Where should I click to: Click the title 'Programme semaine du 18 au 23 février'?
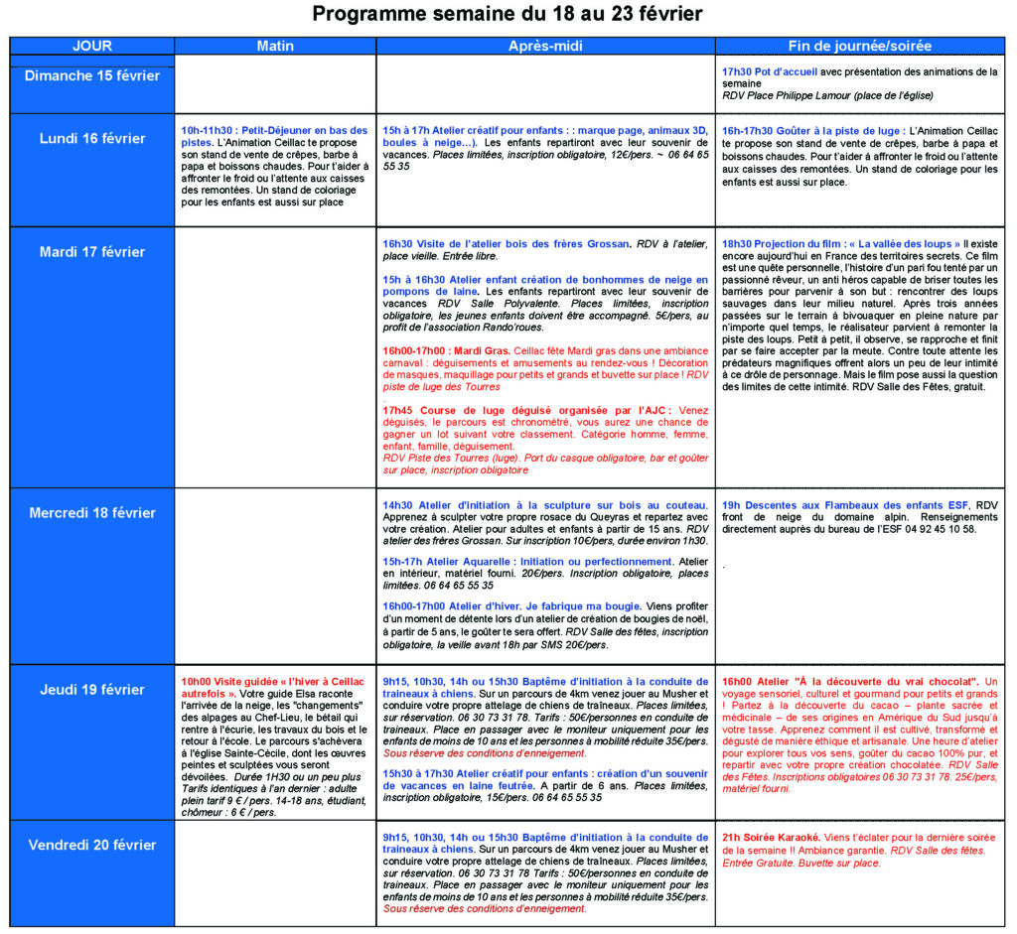point(508,14)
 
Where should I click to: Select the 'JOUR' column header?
point(92,46)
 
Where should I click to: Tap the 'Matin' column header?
point(275,46)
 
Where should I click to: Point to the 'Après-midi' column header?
point(545,46)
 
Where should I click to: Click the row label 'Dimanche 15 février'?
point(92,76)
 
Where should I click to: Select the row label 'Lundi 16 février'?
point(92,139)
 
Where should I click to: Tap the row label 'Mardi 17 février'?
point(92,252)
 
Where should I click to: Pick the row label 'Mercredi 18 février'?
point(92,513)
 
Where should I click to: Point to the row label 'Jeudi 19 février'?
point(92,690)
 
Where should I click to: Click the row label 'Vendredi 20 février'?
point(92,845)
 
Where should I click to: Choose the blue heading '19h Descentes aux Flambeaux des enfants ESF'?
point(845,505)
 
